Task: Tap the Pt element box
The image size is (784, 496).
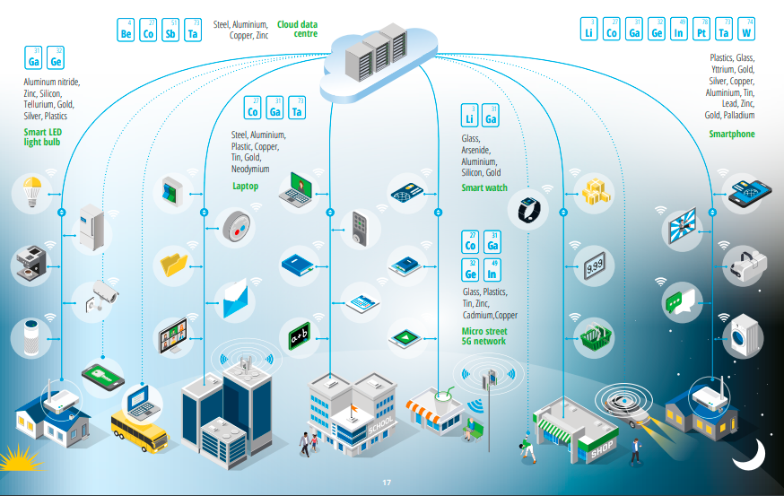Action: (x=702, y=30)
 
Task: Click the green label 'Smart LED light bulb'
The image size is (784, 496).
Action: (x=42, y=137)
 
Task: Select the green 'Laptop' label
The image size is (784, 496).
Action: (x=245, y=187)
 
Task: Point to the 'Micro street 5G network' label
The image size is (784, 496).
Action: (x=483, y=336)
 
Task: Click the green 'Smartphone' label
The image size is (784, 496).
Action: (x=732, y=135)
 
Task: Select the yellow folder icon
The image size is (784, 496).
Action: (x=172, y=264)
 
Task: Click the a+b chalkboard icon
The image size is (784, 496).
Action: (x=299, y=338)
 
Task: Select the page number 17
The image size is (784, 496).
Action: (x=388, y=483)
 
